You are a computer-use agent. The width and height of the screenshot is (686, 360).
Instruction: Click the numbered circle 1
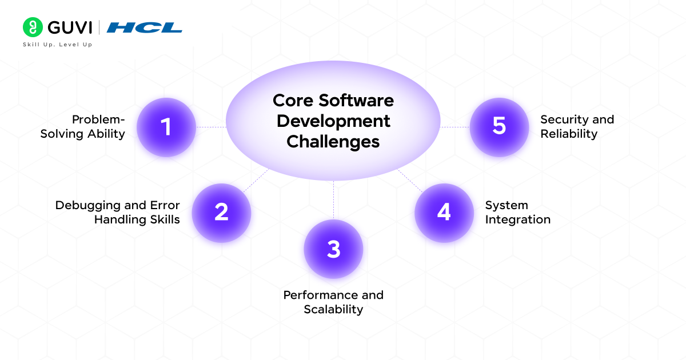click(166, 127)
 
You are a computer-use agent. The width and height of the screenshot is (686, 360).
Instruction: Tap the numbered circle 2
click(221, 213)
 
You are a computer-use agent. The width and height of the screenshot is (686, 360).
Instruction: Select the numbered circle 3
click(333, 249)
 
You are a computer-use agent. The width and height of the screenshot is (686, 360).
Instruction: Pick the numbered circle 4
click(444, 213)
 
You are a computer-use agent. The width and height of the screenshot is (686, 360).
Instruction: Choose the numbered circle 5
click(499, 127)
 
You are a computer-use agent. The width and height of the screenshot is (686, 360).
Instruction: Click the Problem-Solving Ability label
click(83, 127)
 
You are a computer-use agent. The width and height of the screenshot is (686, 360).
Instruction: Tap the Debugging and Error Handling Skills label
click(118, 212)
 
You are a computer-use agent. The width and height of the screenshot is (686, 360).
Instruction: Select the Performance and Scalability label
click(333, 302)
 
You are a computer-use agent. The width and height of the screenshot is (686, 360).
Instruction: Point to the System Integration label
click(517, 212)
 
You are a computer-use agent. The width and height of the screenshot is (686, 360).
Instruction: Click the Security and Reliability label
click(577, 127)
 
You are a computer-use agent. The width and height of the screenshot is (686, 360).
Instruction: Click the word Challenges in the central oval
click(333, 142)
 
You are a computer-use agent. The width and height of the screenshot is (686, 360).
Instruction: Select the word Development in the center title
click(333, 121)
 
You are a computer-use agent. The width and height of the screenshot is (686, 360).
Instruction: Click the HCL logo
click(145, 27)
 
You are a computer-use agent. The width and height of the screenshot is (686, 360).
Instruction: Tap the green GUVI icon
click(33, 27)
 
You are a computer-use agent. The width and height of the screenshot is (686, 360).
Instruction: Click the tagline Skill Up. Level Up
click(57, 45)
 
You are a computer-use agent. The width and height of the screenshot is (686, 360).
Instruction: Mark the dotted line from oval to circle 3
click(333, 200)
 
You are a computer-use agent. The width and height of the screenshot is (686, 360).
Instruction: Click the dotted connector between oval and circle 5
click(455, 127)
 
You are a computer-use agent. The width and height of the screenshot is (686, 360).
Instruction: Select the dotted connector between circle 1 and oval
click(211, 127)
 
